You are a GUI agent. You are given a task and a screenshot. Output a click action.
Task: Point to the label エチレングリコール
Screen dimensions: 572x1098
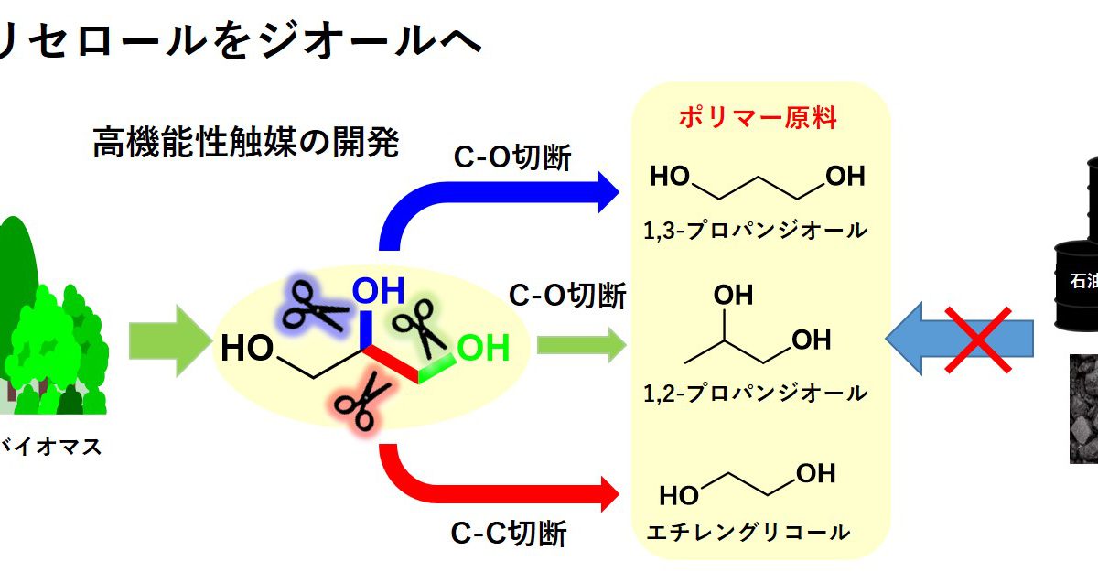tap(748, 532)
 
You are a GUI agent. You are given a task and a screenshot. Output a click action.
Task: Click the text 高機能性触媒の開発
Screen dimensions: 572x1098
tap(246, 143)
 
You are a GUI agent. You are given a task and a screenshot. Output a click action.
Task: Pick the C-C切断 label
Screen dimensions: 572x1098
tap(509, 533)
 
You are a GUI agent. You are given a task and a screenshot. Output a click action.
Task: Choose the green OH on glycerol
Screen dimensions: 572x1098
tap(482, 349)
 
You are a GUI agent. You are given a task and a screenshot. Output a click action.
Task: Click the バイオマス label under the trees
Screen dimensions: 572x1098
tap(55, 448)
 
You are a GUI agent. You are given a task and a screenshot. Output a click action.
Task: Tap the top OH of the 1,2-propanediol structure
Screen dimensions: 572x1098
tap(733, 295)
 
